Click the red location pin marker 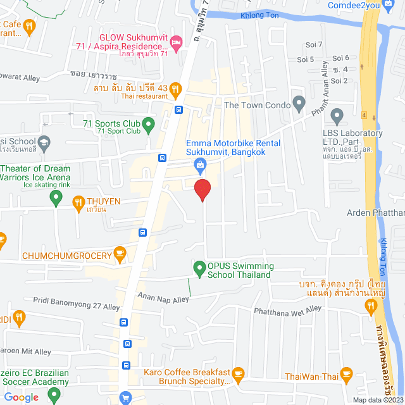coord(202,189)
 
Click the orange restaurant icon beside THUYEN coord(78,202)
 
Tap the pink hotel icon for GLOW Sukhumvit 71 coord(177,43)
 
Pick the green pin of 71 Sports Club coord(148,123)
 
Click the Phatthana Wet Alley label coord(287,310)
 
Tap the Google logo coord(21,397)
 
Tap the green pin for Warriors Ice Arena coord(56,199)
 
